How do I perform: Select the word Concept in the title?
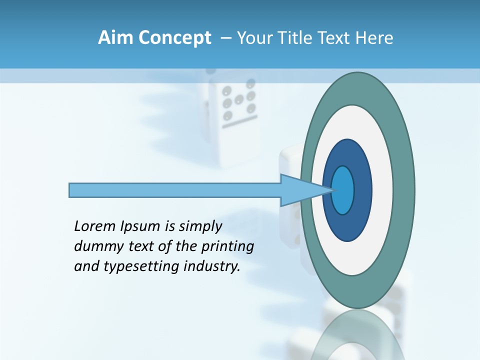174,37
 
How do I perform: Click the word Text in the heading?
335,37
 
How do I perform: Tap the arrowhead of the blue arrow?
302,190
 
